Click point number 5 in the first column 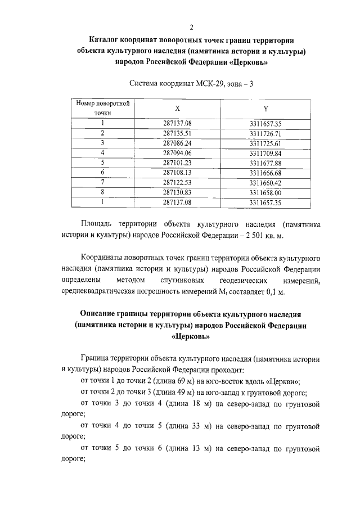[x=103, y=163]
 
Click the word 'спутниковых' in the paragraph [x=184, y=280]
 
